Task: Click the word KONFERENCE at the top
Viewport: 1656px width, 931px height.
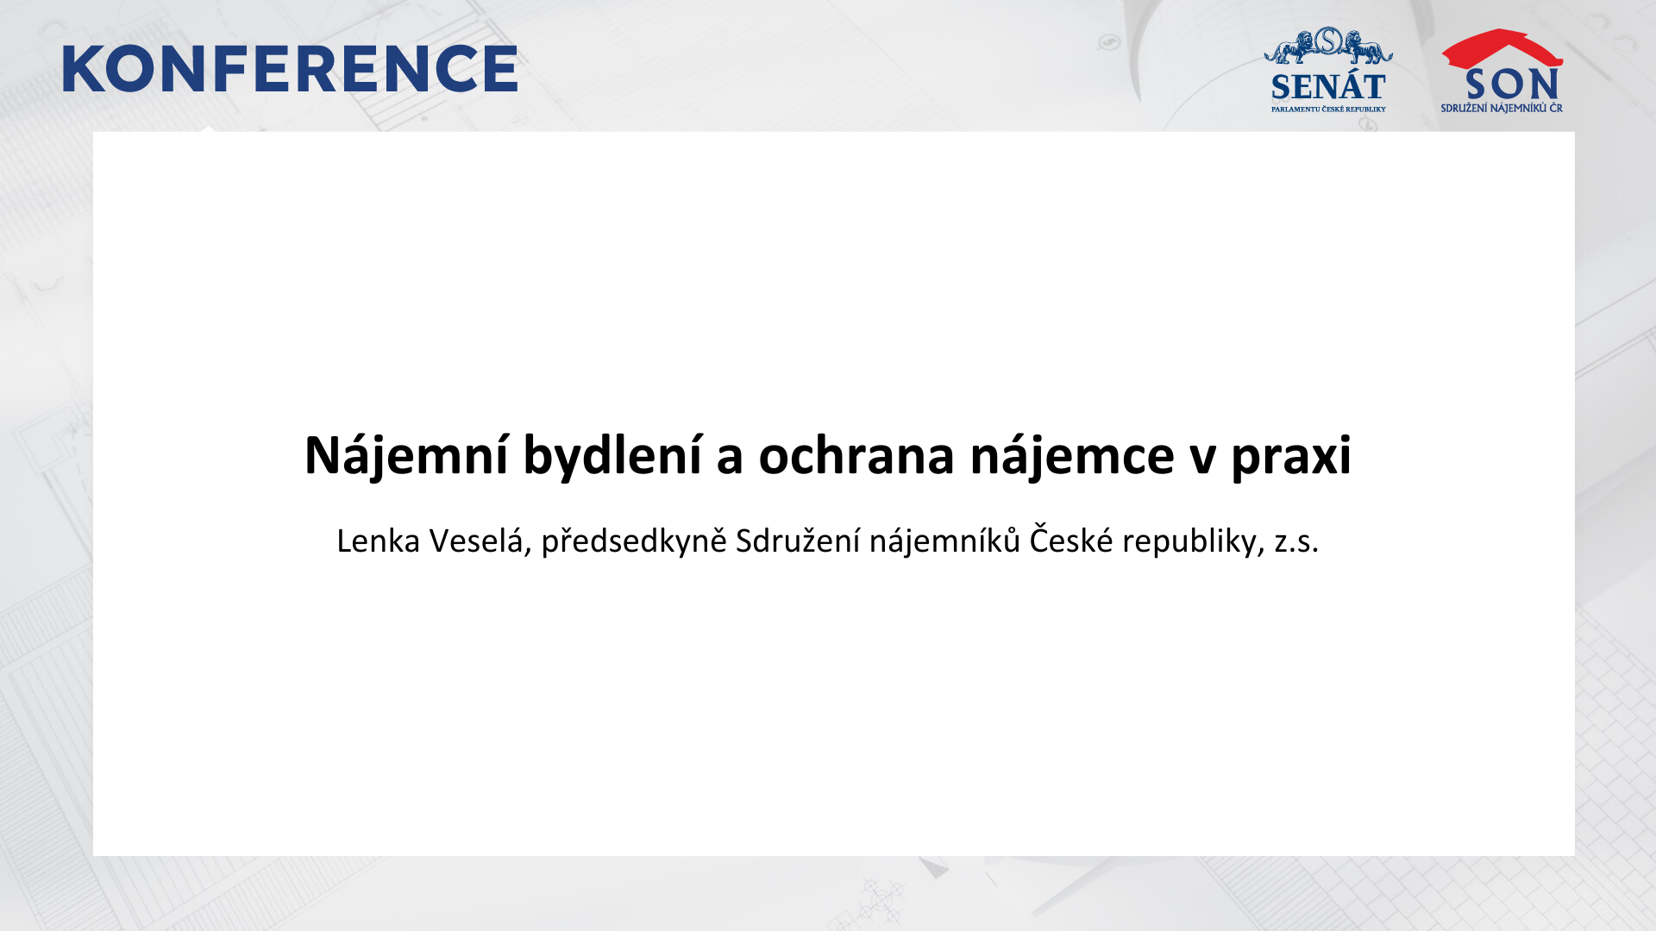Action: pos(290,69)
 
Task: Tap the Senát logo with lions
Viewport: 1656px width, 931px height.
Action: pos(1328,69)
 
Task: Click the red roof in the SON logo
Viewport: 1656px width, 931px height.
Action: pos(1502,48)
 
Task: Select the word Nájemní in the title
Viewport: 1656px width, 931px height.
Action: pos(405,455)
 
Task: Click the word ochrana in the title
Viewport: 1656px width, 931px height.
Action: pos(856,455)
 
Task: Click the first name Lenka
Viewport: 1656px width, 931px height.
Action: pos(378,541)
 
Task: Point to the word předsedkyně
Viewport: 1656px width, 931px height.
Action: pos(633,541)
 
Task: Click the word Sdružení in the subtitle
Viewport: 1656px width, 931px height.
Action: pos(797,540)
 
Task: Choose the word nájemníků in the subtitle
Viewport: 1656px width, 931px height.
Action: pos(944,541)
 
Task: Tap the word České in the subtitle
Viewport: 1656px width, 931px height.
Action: pos(1070,540)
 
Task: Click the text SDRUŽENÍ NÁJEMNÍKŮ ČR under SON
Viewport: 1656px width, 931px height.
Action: pos(1502,108)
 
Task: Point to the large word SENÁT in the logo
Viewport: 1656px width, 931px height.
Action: pos(1328,87)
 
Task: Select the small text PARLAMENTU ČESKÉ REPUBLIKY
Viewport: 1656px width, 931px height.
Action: pos(1328,109)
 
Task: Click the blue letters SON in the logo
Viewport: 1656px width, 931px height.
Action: pos(1511,84)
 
